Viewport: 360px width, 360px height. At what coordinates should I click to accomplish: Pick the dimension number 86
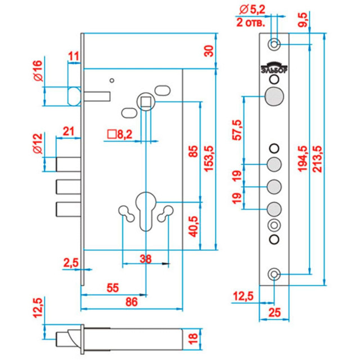coord(132,301)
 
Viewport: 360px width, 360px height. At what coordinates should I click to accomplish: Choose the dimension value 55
coord(112,287)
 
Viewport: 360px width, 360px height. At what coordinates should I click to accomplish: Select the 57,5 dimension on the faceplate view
coord(236,130)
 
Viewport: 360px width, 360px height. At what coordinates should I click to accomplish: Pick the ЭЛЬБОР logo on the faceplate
coord(274,67)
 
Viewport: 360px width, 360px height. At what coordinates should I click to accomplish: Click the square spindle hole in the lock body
coord(146,102)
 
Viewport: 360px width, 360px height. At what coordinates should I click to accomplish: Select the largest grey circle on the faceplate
coord(274,96)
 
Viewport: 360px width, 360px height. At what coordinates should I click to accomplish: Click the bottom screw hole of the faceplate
coord(274,274)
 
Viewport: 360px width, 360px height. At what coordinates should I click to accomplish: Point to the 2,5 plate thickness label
coord(71,262)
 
